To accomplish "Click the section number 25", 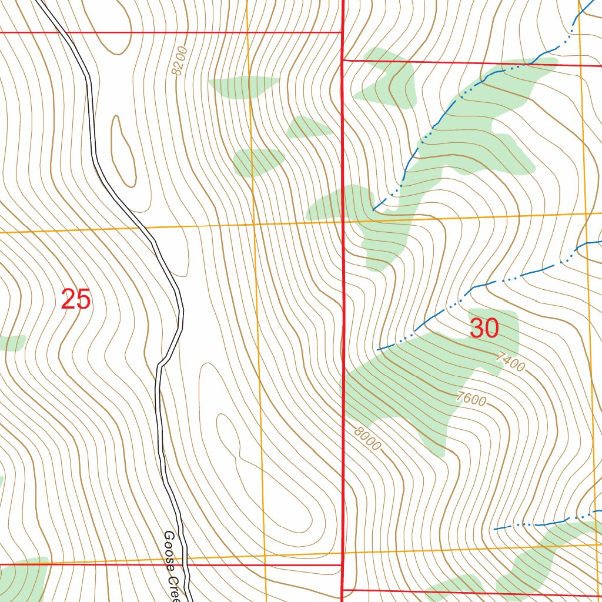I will point(76,300).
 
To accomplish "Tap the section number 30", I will point(484,329).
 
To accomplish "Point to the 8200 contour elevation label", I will point(178,61).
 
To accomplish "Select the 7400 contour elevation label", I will point(510,361).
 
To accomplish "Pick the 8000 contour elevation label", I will point(367,438).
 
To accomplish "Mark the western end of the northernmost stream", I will point(374,209).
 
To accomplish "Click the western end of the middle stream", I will point(377,350).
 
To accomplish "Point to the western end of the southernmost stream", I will point(495,529).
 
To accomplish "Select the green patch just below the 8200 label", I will point(243,87).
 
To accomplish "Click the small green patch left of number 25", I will point(12,342).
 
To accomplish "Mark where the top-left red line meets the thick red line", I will point(342,32).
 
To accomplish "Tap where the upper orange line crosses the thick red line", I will point(343,222).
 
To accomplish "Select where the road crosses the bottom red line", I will point(187,565).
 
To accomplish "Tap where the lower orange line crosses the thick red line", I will point(343,553).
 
